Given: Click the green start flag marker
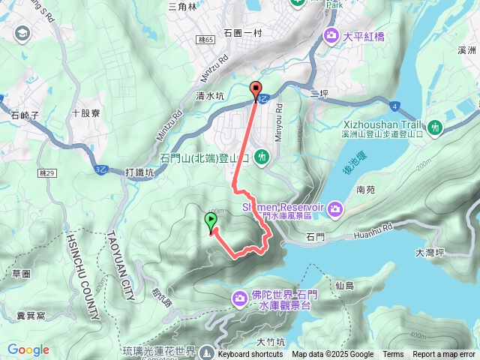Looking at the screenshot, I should pyautogui.click(x=211, y=222).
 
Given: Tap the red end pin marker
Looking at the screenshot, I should pyautogui.click(x=256, y=89).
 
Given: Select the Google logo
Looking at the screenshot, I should pyautogui.click(x=28, y=349).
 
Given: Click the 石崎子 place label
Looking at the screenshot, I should pyautogui.click(x=25, y=115).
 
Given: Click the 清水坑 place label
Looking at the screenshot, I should pyautogui.click(x=210, y=95).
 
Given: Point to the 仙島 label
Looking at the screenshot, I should pyautogui.click(x=346, y=285).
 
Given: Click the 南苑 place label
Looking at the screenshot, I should pyautogui.click(x=367, y=190).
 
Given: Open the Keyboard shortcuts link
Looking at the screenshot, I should pyautogui.click(x=250, y=355).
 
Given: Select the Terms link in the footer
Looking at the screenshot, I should pyautogui.click(x=393, y=355).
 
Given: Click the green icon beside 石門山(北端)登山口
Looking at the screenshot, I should pyautogui.click(x=262, y=157).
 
